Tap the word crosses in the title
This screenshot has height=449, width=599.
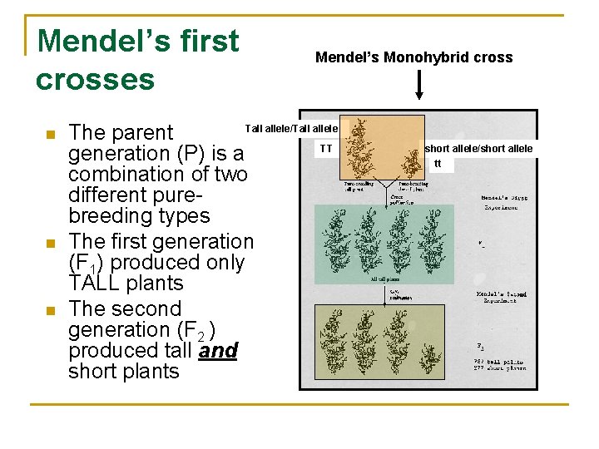pos(95,80)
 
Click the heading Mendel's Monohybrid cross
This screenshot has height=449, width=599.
pos(413,57)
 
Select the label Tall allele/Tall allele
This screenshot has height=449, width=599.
pos(290,128)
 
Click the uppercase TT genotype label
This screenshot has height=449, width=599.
pos(326,149)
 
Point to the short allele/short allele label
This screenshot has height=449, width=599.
pos(478,149)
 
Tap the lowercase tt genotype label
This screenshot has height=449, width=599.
pos(438,163)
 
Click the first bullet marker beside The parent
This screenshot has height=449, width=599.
pos(50,134)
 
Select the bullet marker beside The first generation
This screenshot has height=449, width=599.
pos(50,243)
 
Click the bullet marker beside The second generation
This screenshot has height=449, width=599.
pos(50,310)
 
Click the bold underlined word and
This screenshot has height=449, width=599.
pos(218,351)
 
